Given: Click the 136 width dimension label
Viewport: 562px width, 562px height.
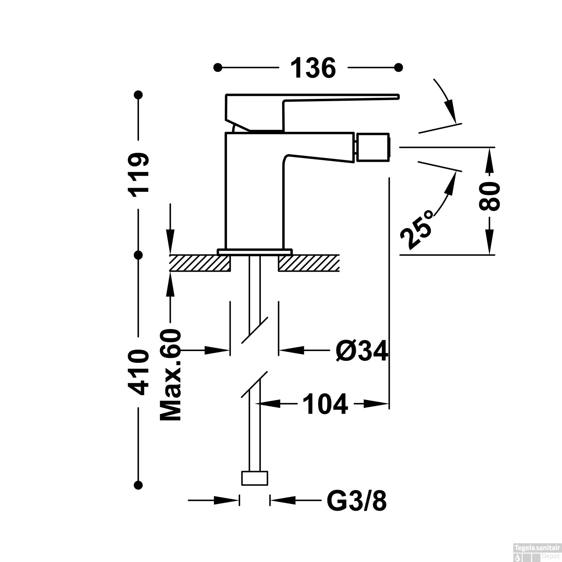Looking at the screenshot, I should [313, 68].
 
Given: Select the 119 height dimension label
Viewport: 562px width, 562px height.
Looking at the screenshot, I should [139, 172].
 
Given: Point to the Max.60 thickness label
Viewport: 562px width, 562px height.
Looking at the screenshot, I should [170, 376].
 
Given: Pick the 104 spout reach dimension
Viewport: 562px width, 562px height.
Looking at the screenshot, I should [325, 404].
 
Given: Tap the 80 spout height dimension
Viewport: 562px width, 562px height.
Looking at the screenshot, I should [489, 196].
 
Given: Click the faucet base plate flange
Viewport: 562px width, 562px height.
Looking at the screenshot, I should [255, 251].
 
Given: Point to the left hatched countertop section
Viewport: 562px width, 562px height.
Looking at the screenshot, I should [199, 263].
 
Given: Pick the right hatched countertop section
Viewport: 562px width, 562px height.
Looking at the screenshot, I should [308, 263].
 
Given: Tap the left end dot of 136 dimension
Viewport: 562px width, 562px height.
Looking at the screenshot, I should [217, 67].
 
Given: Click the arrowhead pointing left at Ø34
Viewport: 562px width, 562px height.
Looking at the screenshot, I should [291, 351].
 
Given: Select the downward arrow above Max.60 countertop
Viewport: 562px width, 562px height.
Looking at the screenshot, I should [170, 240].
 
